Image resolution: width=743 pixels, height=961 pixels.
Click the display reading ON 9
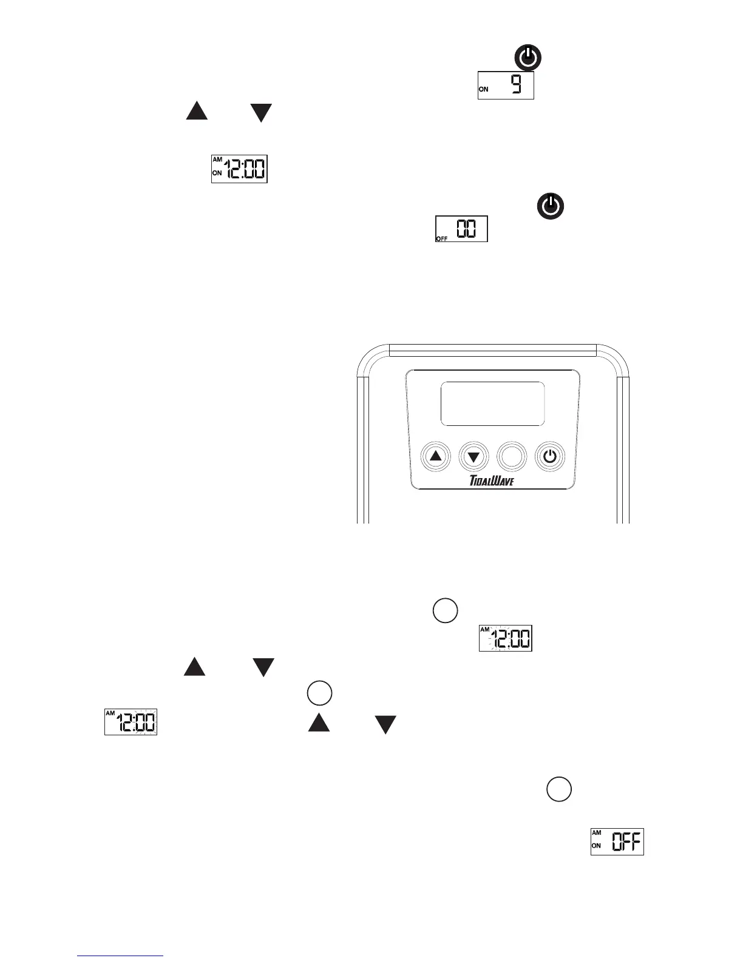[x=506, y=86]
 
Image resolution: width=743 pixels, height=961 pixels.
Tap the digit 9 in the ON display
[x=515, y=84]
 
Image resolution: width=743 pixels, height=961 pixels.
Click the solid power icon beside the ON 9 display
[x=528, y=59]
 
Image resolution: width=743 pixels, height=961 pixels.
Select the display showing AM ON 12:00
[x=239, y=169]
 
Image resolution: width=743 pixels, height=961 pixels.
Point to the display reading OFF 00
[x=461, y=229]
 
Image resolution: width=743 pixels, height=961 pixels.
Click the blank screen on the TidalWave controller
[x=492, y=403]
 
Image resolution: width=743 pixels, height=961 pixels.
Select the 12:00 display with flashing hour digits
[x=505, y=638]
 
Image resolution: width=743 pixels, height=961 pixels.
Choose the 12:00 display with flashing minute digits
[x=131, y=721]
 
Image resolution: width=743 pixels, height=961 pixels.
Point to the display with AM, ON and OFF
[x=617, y=841]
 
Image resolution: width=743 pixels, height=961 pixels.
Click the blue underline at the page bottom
[x=121, y=956]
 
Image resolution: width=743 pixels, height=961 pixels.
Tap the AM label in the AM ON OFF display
[x=596, y=833]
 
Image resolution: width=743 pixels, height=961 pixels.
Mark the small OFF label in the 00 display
[x=441, y=239]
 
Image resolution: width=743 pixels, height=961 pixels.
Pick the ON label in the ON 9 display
[x=484, y=89]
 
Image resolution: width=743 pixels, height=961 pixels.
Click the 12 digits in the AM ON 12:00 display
[x=236, y=170]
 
